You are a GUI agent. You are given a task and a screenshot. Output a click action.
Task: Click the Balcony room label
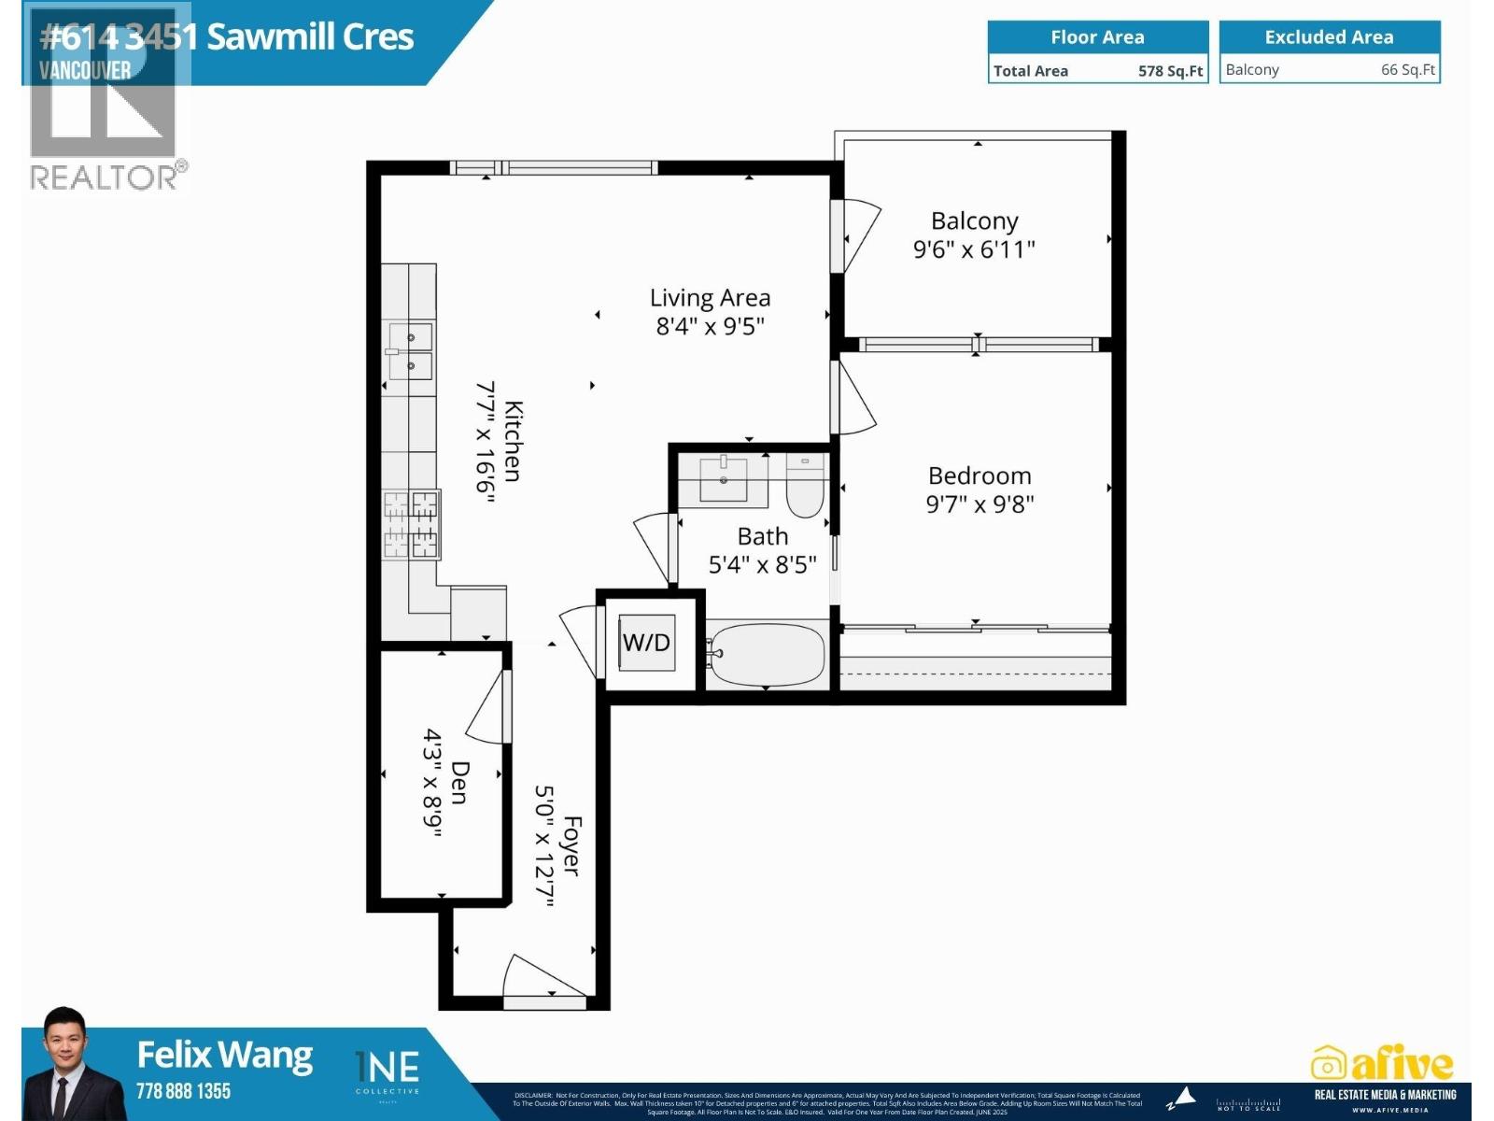(974, 221)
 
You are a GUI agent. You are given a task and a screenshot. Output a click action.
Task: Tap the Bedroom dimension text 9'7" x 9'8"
(980, 504)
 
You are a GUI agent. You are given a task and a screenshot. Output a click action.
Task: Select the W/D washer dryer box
(647, 643)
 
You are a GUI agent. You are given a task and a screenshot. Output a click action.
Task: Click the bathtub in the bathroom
(766, 654)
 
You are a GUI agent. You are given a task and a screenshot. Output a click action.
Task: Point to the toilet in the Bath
(804, 488)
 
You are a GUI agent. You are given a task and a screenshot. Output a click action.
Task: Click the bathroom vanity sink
(724, 479)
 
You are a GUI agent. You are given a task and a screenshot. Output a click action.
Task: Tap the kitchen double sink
(410, 351)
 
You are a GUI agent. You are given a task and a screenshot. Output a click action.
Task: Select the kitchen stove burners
(411, 524)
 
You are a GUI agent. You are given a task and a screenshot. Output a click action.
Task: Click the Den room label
(459, 782)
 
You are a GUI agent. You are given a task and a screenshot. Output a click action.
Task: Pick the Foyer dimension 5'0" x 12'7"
(544, 845)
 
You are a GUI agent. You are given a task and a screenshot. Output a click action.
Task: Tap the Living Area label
(710, 298)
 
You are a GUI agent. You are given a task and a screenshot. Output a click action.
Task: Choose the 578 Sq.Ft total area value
(1170, 71)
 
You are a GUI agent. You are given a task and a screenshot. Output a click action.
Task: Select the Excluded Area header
(1329, 37)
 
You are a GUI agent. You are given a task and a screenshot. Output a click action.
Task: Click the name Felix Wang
(224, 1055)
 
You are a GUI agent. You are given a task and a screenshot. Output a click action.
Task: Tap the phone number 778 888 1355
(183, 1091)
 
